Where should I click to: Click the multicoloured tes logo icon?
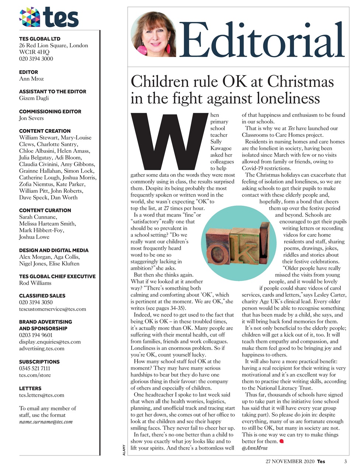[x=30, y=17]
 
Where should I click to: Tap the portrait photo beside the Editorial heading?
[x=153, y=34]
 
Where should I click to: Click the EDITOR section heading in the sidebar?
[x=28, y=72]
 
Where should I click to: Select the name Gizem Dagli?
[x=34, y=98]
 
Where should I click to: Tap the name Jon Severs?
[x=31, y=118]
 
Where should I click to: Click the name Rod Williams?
[x=35, y=283]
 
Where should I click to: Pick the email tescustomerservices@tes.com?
[x=52, y=309]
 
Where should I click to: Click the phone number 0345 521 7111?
[x=35, y=368]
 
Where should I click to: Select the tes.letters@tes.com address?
[x=42, y=395]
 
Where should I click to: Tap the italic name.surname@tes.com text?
[x=46, y=421]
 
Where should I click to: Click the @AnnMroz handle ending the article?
[x=255, y=448]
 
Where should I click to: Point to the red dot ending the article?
[x=281, y=441]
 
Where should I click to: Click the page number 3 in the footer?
[x=346, y=461]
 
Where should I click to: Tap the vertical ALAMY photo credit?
[x=124, y=450]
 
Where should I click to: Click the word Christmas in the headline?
[x=300, y=81]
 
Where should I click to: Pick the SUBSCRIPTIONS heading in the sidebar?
[x=39, y=362]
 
